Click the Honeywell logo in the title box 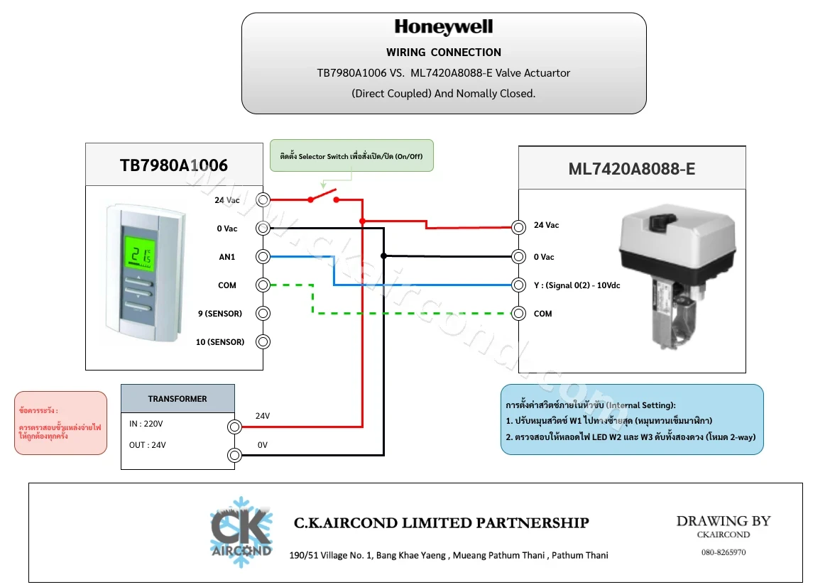tap(444, 26)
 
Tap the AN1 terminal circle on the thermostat tap(263, 257)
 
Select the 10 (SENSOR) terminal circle tap(263, 342)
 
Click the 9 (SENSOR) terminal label tap(219, 313)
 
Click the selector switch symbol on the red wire tap(324, 196)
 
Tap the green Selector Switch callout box tap(351, 155)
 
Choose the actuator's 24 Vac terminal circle tap(519, 228)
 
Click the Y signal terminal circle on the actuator tap(519, 285)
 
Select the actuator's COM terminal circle tap(519, 313)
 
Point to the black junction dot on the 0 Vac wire tap(384, 256)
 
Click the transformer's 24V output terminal tap(234, 427)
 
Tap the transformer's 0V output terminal tap(234, 455)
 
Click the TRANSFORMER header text tap(178, 399)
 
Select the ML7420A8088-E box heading tap(631, 169)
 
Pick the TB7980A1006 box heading tap(174, 165)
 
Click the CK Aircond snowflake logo tap(241, 532)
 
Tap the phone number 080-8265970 tap(723, 552)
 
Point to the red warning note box tap(61, 423)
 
